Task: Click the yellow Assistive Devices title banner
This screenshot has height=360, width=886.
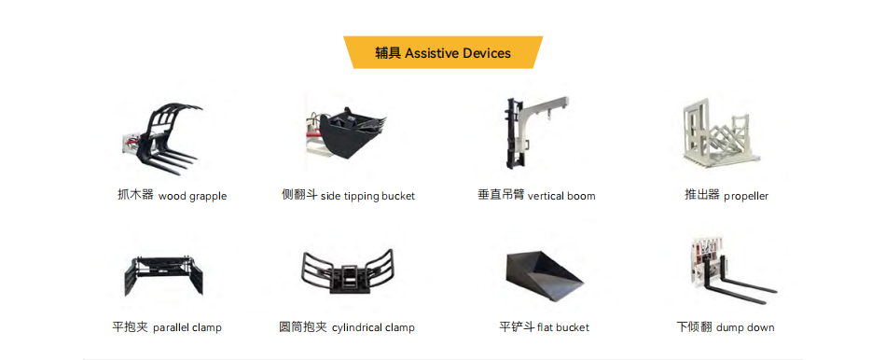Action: pos(443,52)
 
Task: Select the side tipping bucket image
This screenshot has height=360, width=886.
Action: pos(346,137)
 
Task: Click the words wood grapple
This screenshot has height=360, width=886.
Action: pos(192,197)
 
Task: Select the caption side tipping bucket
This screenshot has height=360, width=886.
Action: pos(367,196)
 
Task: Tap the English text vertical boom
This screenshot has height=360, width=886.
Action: pos(561,196)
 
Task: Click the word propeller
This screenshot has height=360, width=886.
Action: pos(746,197)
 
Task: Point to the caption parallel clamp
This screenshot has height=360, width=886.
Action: pos(187,327)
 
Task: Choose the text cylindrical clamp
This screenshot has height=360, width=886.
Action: pos(373,327)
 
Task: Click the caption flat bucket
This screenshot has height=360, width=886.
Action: pos(563,327)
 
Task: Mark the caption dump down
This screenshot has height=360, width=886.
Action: pos(745,327)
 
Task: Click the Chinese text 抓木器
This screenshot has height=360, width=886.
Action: pos(135,196)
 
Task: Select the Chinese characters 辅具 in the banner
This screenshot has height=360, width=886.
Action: pos(388,53)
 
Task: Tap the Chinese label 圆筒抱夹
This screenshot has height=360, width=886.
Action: pos(303,327)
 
